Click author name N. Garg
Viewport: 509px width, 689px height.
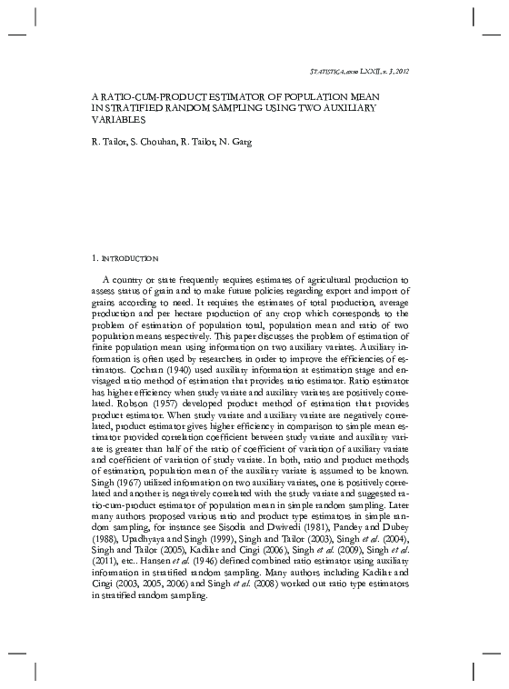pos(235,143)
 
